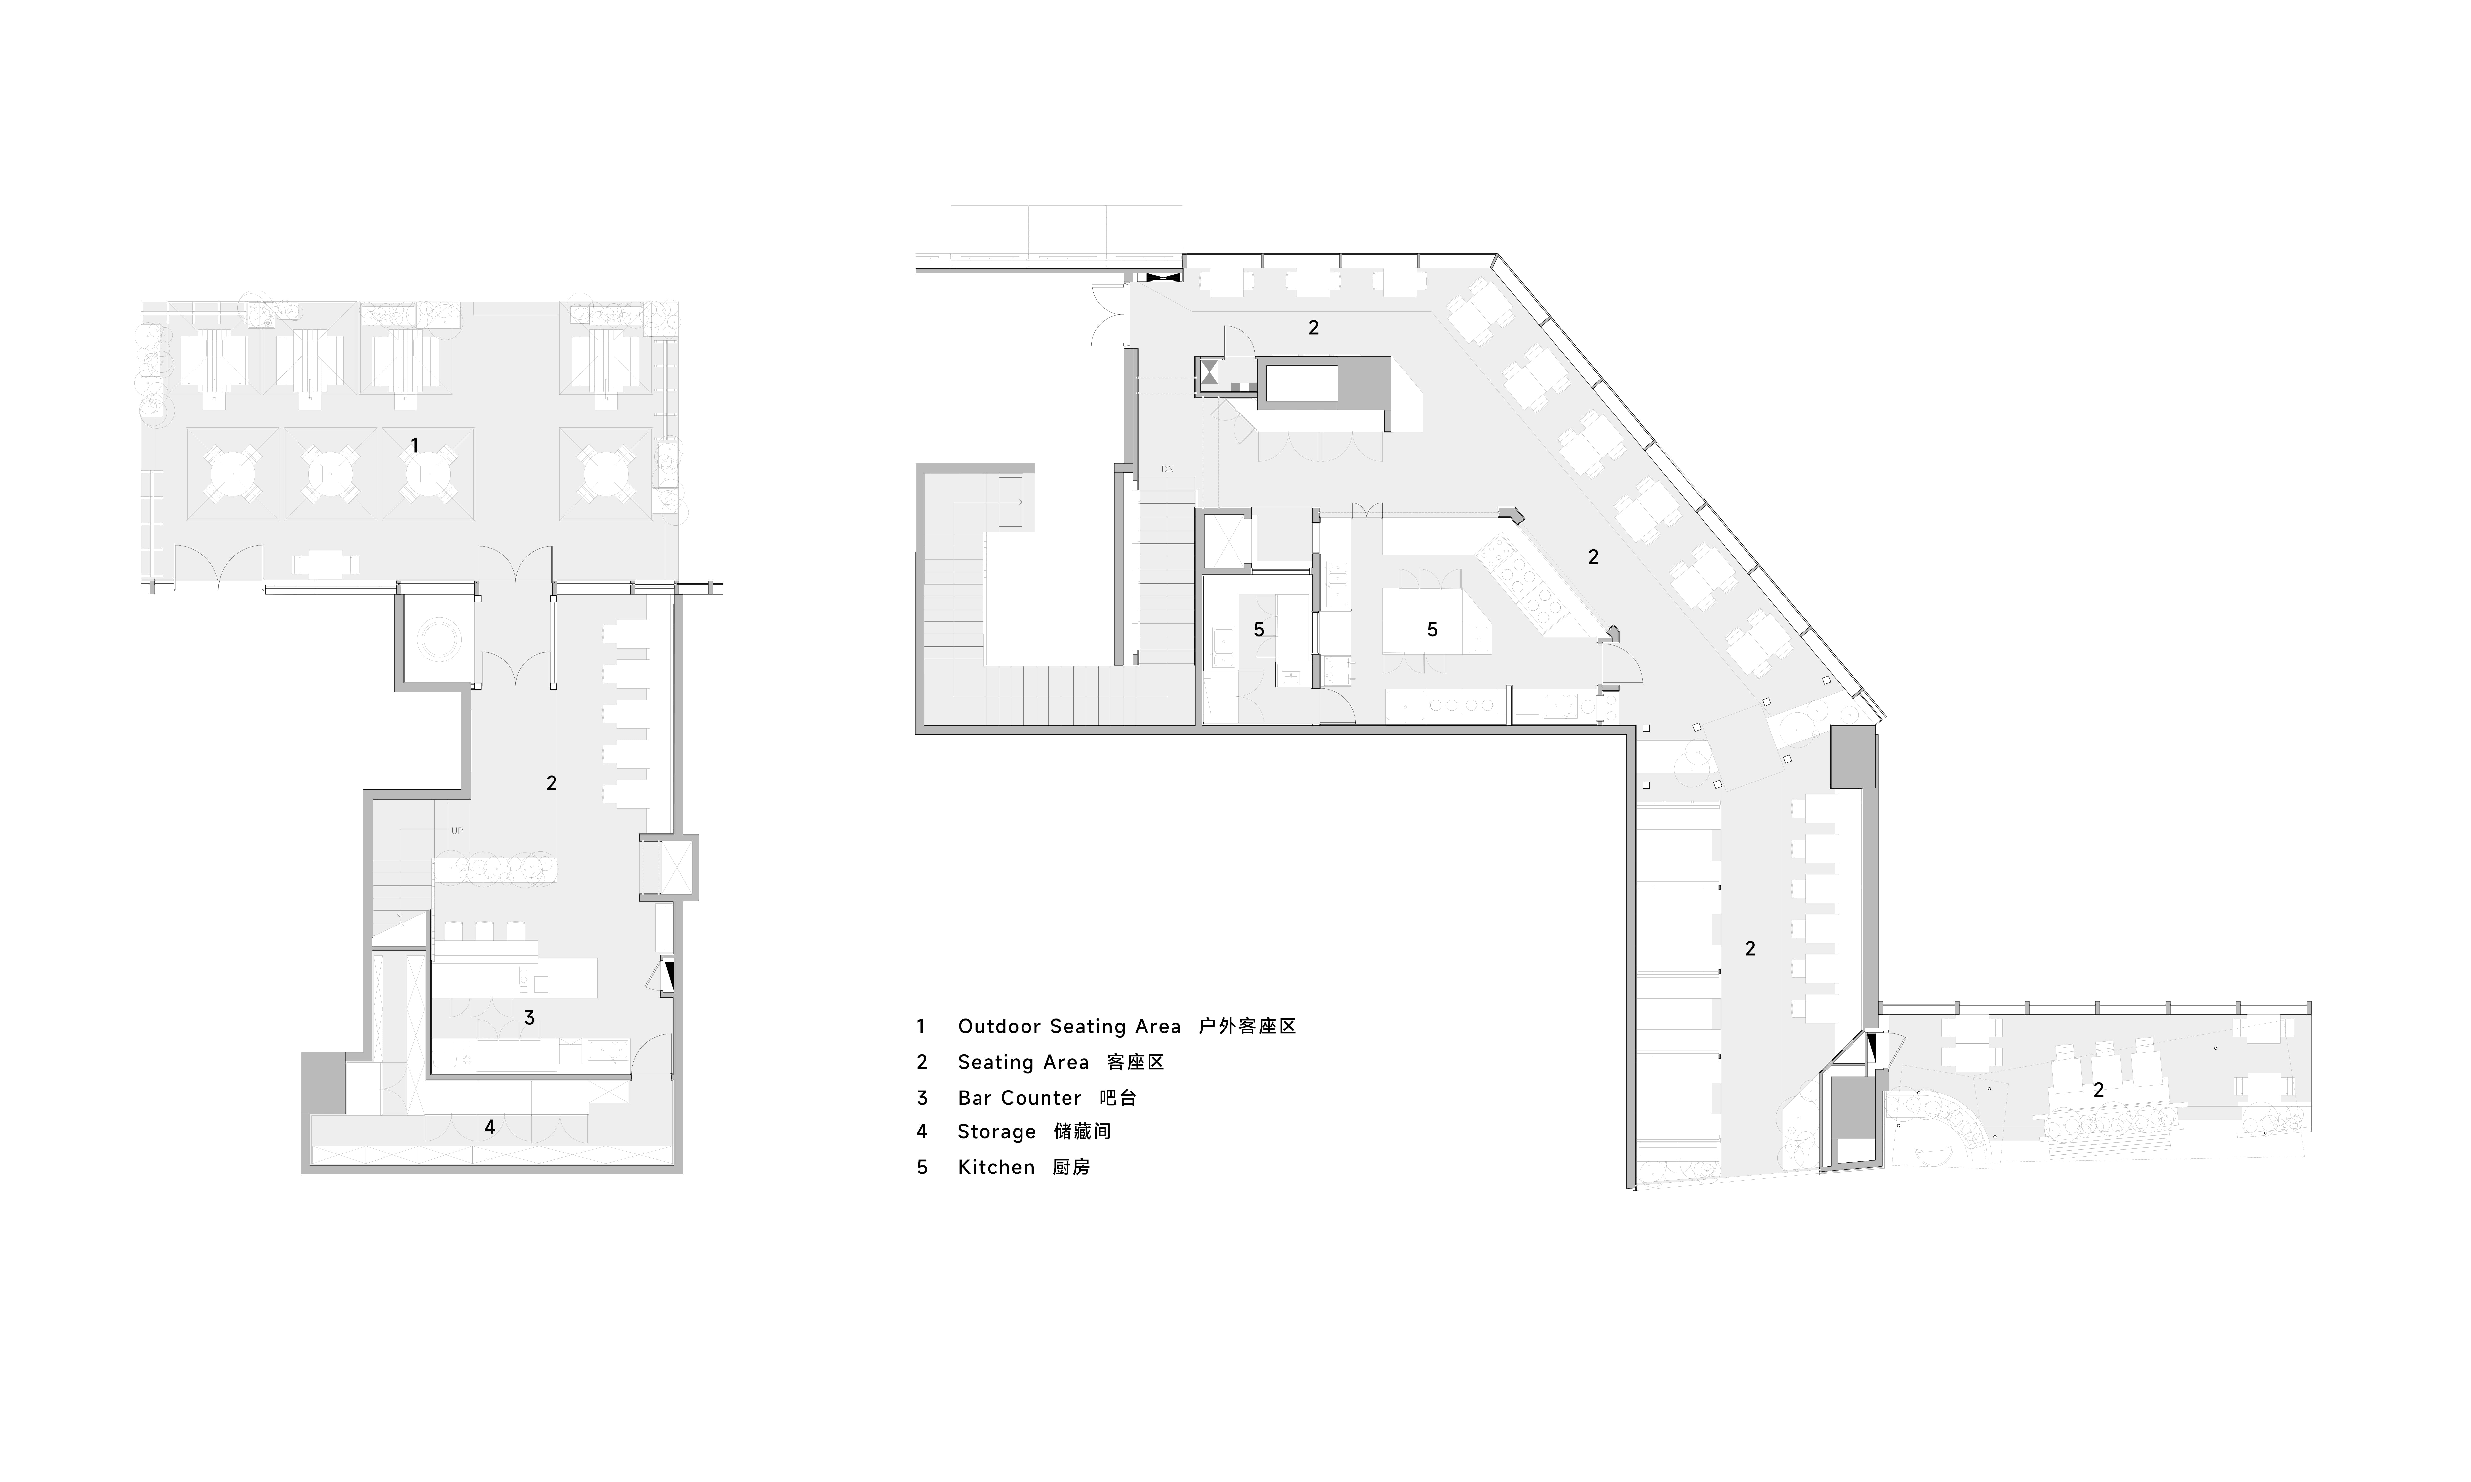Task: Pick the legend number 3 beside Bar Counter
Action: tap(922, 1097)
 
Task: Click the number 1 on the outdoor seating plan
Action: tap(414, 445)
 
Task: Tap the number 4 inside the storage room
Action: tap(490, 1127)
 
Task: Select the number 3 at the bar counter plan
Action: tap(529, 1018)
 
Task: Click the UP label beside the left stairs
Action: tap(456, 831)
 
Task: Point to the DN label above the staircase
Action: tap(1168, 468)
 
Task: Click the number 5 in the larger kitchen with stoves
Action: tap(1432, 629)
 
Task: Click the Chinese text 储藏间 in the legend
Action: tap(1082, 1132)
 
